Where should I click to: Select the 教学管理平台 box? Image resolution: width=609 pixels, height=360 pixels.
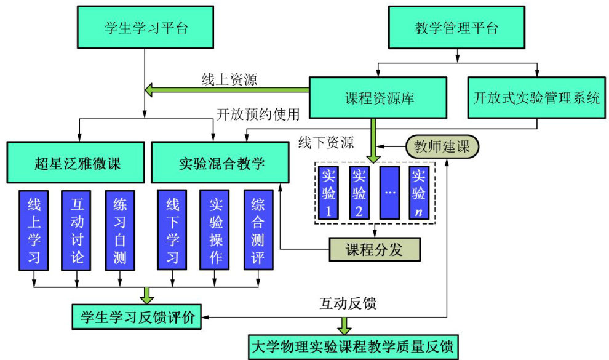(456, 28)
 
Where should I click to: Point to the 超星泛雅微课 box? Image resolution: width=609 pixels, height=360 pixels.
(76, 163)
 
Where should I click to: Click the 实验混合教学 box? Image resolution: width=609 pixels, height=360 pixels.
(220, 163)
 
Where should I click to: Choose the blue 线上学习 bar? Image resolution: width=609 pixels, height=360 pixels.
(34, 229)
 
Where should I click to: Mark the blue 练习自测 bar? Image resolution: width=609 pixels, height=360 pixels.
(120, 229)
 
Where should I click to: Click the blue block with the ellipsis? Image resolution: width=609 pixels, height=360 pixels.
(389, 191)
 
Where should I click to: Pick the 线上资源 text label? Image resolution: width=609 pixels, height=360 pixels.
(229, 79)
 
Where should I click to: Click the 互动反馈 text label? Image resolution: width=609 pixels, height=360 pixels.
(348, 303)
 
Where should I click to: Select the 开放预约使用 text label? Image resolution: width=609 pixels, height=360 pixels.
(258, 114)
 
